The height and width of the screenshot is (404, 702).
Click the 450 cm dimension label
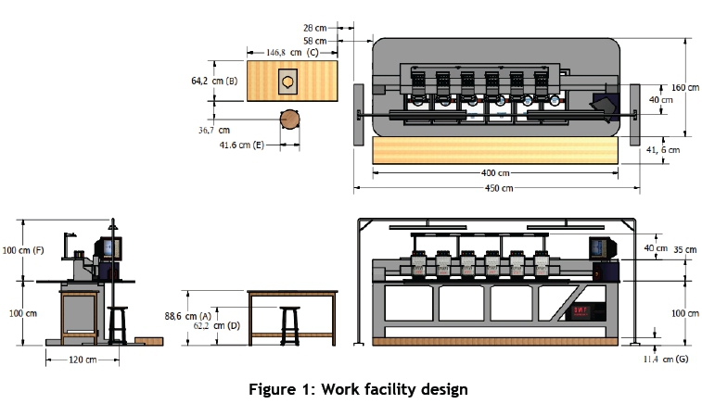click(499, 188)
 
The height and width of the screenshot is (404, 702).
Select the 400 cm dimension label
click(495, 173)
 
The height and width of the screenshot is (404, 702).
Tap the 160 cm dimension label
click(685, 88)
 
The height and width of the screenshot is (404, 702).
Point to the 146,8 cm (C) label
click(292, 52)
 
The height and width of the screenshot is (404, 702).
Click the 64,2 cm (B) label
click(214, 81)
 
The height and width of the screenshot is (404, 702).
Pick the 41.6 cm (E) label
click(242, 145)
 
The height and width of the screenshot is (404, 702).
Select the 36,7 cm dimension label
click(214, 131)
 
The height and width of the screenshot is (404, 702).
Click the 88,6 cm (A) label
click(187, 316)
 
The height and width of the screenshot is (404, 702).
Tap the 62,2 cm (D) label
click(217, 326)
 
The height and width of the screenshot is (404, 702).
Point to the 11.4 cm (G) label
click(666, 359)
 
